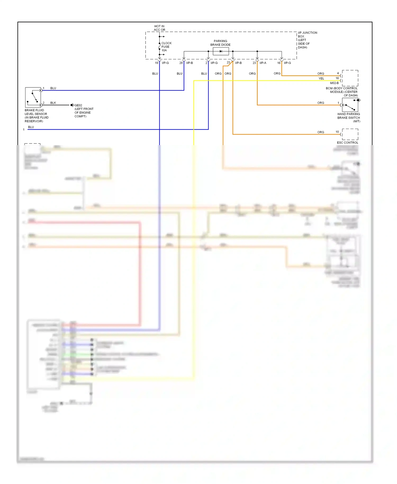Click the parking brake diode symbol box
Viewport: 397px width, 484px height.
click(x=221, y=51)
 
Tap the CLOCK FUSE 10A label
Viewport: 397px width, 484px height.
click(x=166, y=47)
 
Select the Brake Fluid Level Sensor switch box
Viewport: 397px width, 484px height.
click(x=33, y=97)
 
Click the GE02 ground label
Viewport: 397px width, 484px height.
click(x=78, y=105)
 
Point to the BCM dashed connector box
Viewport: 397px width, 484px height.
click(x=350, y=78)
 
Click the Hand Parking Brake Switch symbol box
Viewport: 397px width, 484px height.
click(x=350, y=105)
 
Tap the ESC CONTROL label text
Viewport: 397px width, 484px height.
click(x=347, y=143)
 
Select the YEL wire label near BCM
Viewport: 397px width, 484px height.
click(x=321, y=79)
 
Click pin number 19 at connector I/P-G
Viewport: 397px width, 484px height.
click(x=156, y=63)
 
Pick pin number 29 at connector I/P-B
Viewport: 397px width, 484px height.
click(x=181, y=63)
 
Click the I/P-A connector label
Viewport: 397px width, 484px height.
click(x=263, y=63)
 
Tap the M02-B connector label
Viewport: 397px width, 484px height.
click(x=334, y=83)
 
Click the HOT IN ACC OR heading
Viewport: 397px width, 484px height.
click(x=159, y=28)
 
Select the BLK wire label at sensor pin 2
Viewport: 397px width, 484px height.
click(x=53, y=103)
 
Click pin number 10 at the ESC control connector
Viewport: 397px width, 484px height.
click(x=337, y=132)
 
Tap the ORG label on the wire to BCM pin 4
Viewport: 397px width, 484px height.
click(x=321, y=74)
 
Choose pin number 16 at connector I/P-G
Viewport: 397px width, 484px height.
click(x=279, y=63)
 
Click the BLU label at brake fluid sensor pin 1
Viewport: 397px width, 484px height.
click(x=53, y=88)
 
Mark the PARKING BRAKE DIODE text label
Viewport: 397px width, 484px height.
click(x=220, y=43)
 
